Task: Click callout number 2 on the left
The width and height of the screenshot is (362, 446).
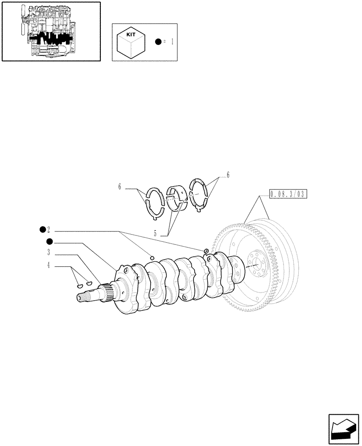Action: (48, 230)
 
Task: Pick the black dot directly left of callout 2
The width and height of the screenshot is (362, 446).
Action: (42, 230)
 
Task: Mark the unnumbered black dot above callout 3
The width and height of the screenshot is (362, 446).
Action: (49, 242)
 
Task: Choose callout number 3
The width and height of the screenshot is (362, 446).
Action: (48, 253)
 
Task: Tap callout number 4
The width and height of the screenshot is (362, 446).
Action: (48, 266)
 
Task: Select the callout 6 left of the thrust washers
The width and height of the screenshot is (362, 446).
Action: (119, 187)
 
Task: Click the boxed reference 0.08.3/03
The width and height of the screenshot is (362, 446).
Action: (288, 194)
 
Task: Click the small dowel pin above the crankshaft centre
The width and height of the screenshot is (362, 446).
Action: (152, 257)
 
